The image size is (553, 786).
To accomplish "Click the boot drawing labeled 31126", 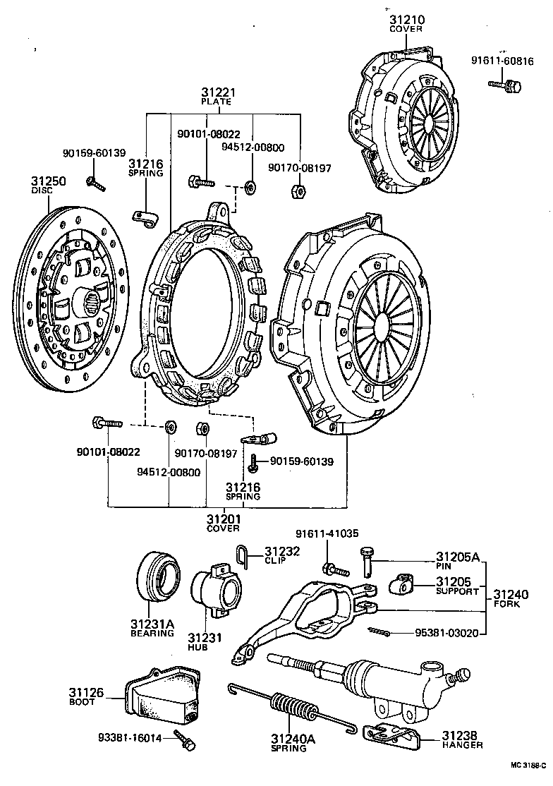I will [x=160, y=697].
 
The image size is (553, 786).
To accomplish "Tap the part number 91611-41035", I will [x=324, y=534].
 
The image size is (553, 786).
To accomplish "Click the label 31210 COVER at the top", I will [x=406, y=23].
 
